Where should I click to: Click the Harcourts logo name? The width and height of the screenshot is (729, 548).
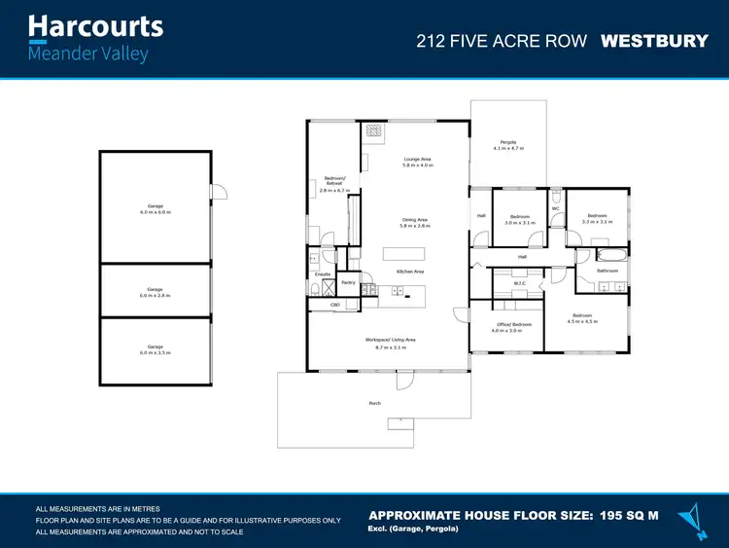(x=95, y=26)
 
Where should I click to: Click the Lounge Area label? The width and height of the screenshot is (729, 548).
(x=417, y=159)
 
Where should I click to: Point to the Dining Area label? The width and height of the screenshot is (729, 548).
(x=415, y=220)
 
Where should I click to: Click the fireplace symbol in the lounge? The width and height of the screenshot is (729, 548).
(x=374, y=130)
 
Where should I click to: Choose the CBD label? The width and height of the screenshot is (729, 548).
(x=335, y=305)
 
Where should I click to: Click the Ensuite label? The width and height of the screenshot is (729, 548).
(x=323, y=274)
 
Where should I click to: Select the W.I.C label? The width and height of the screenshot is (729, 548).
(x=519, y=284)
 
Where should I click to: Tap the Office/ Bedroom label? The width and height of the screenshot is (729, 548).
(x=514, y=324)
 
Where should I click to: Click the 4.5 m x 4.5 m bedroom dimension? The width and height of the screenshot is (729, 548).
(x=584, y=321)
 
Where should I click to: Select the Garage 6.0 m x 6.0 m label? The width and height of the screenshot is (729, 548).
(x=156, y=208)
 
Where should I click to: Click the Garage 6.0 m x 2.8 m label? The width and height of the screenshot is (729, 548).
(x=156, y=291)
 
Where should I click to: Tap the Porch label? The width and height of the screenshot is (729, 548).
(x=375, y=403)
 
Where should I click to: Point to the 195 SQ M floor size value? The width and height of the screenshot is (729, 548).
(x=629, y=514)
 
